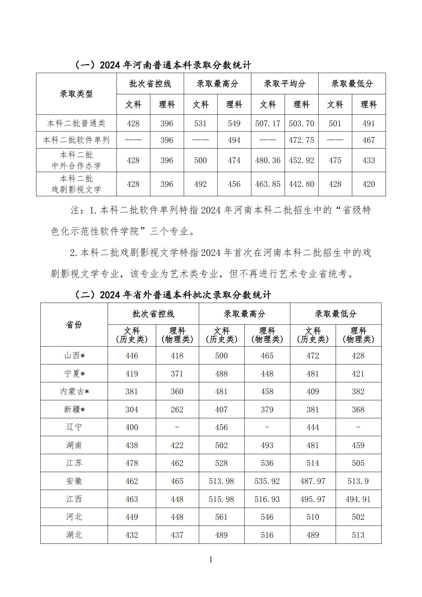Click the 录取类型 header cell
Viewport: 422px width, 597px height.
click(76, 94)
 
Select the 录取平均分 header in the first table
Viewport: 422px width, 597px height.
click(285, 84)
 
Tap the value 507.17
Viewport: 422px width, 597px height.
click(268, 123)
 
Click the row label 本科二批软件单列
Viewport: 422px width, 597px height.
click(76, 140)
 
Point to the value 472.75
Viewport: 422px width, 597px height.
click(301, 140)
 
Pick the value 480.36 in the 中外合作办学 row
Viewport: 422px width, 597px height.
click(268, 160)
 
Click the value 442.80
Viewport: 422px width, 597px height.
click(301, 184)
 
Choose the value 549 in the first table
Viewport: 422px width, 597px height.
click(234, 123)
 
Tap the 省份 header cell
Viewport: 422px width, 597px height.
click(74, 325)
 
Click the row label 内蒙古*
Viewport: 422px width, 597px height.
click(74, 391)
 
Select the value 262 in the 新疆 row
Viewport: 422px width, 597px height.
click(177, 409)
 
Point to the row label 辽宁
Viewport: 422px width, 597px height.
click(74, 427)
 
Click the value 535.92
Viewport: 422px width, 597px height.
click(267, 481)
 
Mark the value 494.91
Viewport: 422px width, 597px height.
click(358, 499)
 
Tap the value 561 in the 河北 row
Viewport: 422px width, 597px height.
click(221, 517)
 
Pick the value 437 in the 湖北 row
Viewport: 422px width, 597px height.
click(177, 535)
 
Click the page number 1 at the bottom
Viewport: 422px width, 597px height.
click(211, 560)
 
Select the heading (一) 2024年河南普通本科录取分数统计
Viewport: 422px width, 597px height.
click(162, 65)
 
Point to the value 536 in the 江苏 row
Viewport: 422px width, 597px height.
click(267, 463)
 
